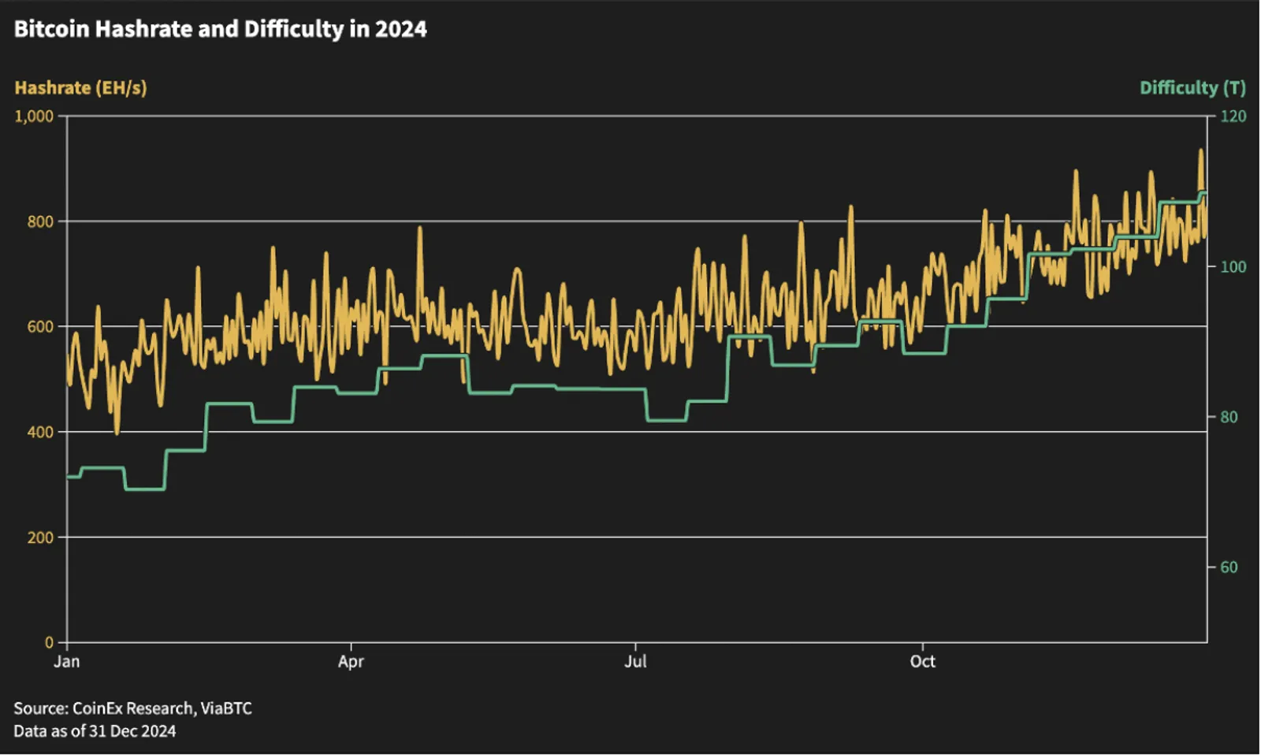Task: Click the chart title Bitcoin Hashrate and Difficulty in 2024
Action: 220,29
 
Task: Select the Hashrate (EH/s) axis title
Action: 80,87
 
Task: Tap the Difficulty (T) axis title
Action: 1193,87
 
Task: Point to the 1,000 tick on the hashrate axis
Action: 34,117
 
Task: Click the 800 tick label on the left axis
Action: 40,221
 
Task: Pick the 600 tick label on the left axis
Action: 40,326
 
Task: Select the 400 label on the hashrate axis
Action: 40,432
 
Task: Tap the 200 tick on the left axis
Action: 40,537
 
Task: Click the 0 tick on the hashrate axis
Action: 49,642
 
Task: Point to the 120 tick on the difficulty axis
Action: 1233,117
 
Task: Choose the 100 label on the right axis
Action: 1233,267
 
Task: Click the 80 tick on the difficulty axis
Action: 1229,417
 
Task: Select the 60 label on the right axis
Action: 1229,567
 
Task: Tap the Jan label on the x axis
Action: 66,661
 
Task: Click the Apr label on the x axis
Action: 351,661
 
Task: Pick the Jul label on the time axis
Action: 635,661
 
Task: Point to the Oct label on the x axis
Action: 923,661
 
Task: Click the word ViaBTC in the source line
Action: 226,708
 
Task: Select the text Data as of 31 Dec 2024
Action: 95,731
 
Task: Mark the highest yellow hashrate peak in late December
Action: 1201,151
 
